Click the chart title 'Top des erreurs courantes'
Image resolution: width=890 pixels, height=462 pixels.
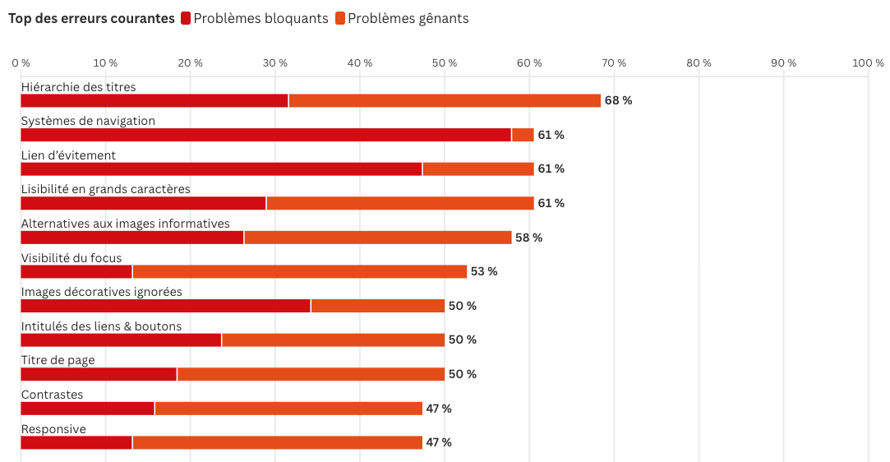(x=91, y=18)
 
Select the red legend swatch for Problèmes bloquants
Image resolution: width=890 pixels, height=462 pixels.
(x=186, y=18)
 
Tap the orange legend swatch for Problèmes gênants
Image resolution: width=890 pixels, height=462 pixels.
(x=340, y=18)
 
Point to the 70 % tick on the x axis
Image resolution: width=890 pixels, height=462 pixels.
(x=614, y=63)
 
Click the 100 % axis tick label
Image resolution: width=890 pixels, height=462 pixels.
(x=868, y=63)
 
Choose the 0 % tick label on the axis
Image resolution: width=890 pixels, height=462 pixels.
(x=21, y=63)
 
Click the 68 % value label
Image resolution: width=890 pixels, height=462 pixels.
(x=618, y=100)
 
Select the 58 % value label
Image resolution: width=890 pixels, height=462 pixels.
(x=528, y=238)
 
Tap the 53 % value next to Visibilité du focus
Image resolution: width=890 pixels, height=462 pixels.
(x=484, y=271)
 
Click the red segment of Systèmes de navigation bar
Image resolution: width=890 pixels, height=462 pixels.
(x=265, y=135)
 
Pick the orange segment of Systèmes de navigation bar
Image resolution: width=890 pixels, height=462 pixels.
(x=523, y=135)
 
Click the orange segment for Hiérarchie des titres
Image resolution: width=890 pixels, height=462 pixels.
(x=445, y=100)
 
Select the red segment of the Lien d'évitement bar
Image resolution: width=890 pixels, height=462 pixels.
(x=221, y=169)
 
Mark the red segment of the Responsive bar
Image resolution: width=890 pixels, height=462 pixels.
(x=76, y=442)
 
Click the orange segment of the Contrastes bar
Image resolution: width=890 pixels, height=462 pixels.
(x=288, y=409)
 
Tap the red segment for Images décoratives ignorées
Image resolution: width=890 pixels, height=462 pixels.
(x=165, y=306)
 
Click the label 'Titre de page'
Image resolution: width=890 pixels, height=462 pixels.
(x=58, y=360)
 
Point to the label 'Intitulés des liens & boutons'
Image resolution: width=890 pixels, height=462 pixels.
(x=101, y=326)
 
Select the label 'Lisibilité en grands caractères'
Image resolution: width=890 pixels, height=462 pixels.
(x=105, y=189)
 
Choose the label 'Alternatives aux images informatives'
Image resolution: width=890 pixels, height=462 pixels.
(x=125, y=224)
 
